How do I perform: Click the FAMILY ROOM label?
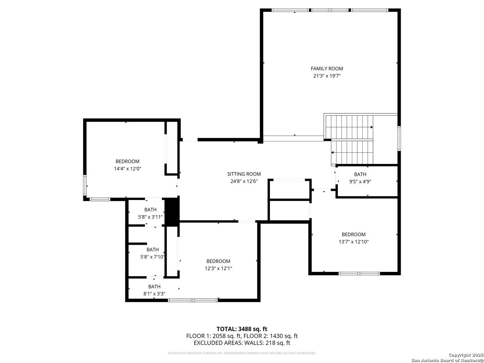pos(327,69)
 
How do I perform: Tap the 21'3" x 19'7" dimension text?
pos(327,76)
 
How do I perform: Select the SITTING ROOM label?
pos(244,174)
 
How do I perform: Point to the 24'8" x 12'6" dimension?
pos(244,181)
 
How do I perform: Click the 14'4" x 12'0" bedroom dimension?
pos(127,169)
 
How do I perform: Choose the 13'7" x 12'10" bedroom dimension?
pos(354,242)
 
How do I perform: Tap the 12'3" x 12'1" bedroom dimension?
pos(218,268)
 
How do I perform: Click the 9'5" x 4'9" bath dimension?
pos(360,182)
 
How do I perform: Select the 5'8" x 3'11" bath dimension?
pos(150,217)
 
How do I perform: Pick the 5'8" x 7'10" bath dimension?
pos(152,257)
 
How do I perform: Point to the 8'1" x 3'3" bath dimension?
pos(154,293)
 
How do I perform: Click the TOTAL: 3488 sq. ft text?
pos(242,329)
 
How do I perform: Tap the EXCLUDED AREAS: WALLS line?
pos(242,343)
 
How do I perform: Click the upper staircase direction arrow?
pos(371,127)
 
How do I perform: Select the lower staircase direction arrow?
pos(332,153)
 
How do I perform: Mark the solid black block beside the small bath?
pos(172,212)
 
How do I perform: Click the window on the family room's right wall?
pos(399,138)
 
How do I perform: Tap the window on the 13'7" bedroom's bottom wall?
pos(359,274)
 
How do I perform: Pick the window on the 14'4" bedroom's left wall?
pos(85,185)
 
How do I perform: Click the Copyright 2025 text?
pos(466,355)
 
